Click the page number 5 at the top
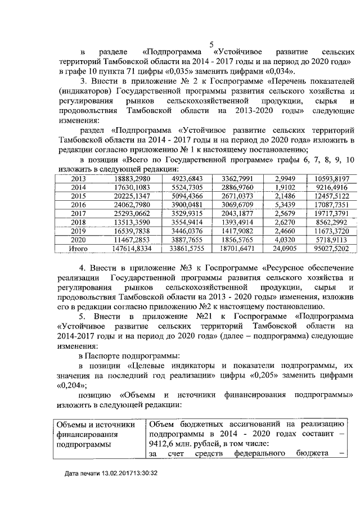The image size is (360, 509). coord(211,44)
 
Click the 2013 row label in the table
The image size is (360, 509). coord(78,179)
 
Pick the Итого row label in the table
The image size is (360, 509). coord(78,247)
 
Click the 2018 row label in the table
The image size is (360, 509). coord(78,222)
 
